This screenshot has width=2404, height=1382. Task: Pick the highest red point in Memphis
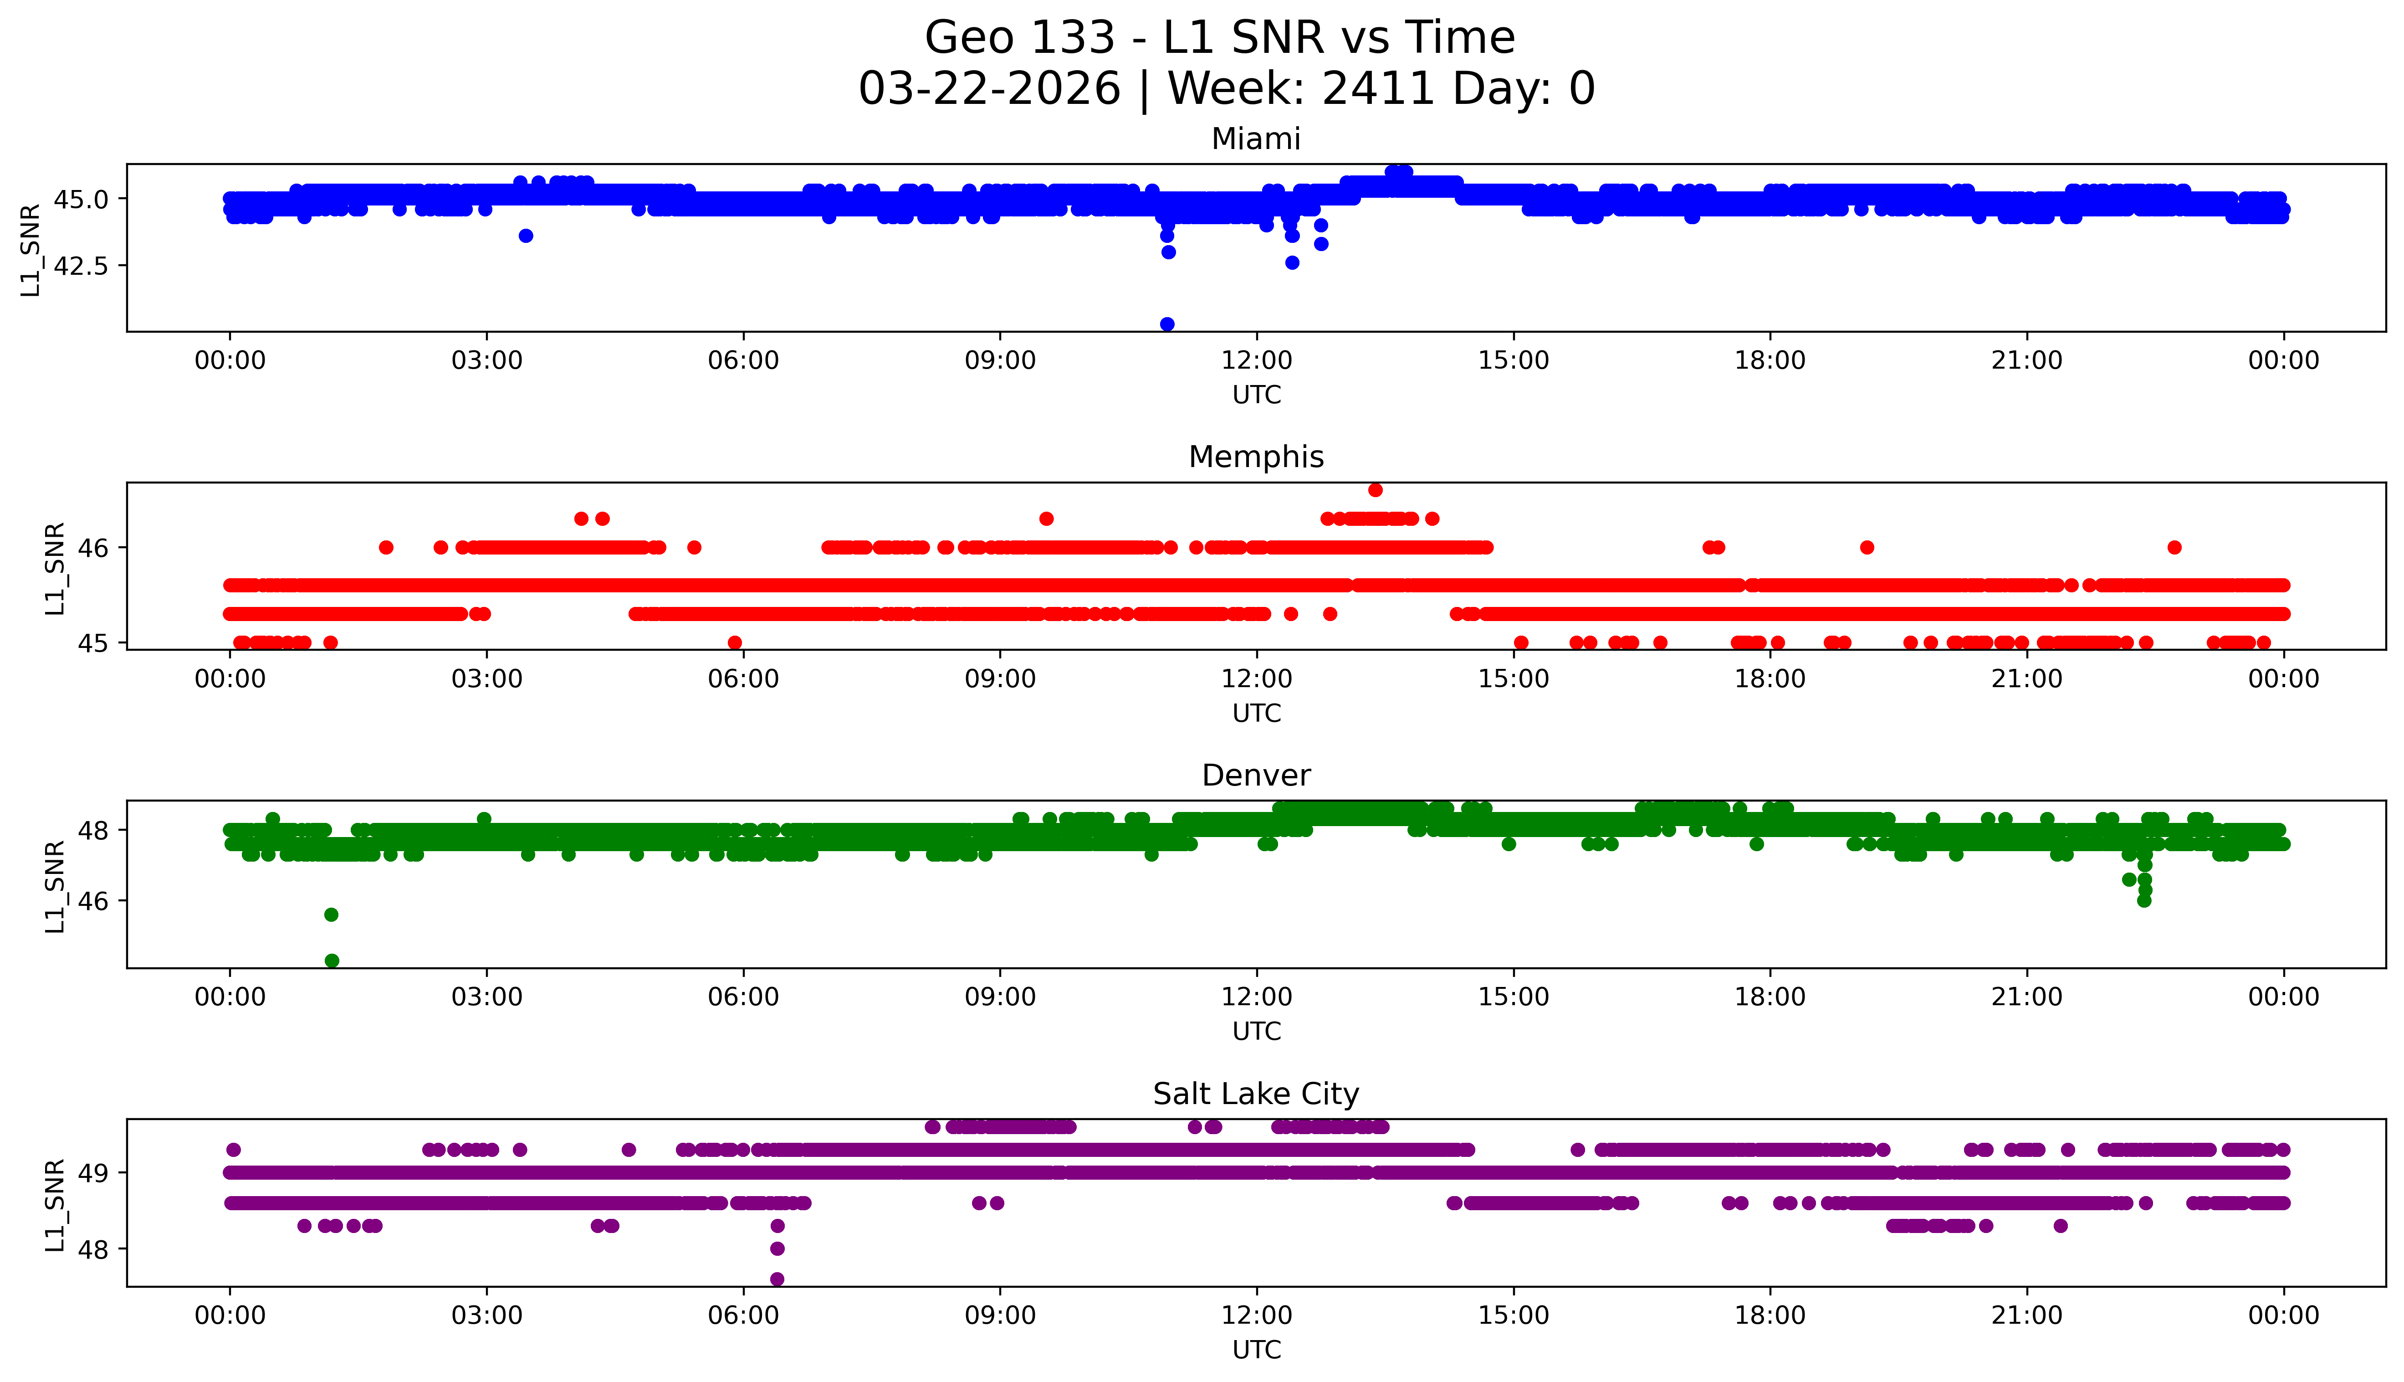tap(1375, 490)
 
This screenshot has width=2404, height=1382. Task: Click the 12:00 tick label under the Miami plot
tap(1256, 361)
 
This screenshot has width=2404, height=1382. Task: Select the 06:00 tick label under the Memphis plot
tap(743, 678)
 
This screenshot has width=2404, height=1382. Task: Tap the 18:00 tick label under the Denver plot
tap(1770, 997)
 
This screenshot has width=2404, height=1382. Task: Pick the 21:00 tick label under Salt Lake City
tap(2026, 1315)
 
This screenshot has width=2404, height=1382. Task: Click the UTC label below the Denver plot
tap(1256, 1031)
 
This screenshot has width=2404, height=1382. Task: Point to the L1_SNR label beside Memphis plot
tap(55, 568)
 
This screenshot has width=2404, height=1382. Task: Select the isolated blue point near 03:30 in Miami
tap(526, 236)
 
